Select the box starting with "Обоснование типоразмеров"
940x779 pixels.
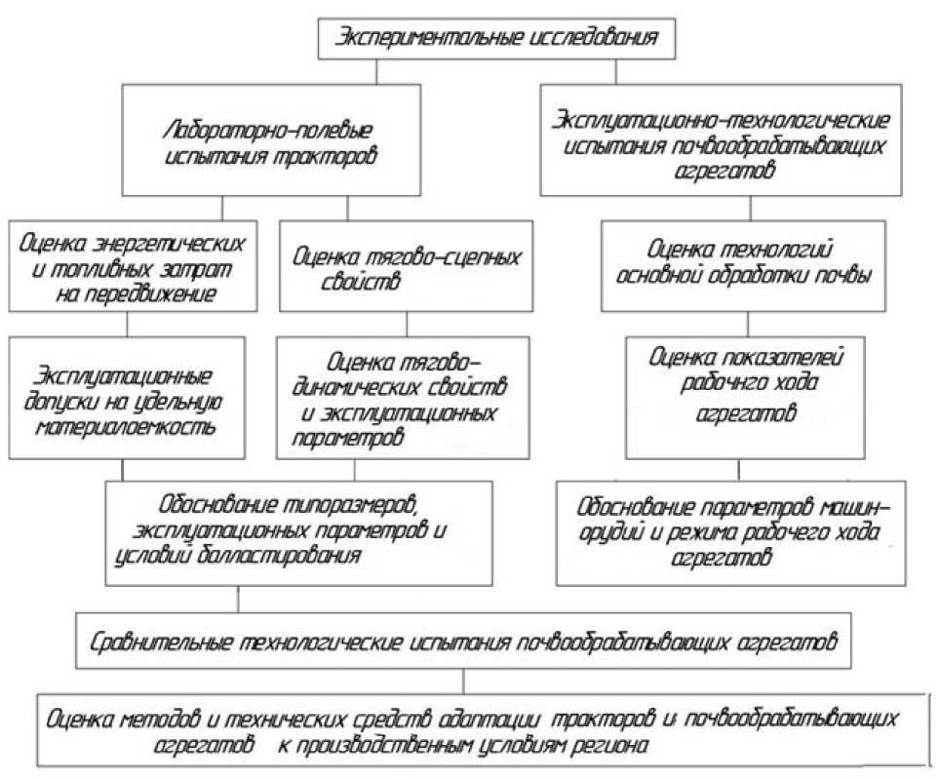coord(294,531)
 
